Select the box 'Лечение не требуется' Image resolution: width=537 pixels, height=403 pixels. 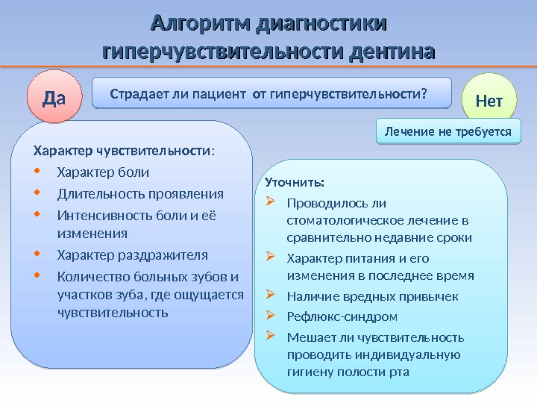(447, 131)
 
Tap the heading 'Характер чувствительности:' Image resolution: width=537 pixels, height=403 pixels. (123, 151)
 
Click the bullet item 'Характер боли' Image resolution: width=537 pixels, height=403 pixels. (103, 173)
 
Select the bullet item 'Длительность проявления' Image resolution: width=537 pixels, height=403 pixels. (140, 194)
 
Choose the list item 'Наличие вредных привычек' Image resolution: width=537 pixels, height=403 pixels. (372, 296)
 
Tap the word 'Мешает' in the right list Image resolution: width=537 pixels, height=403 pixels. (307, 337)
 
